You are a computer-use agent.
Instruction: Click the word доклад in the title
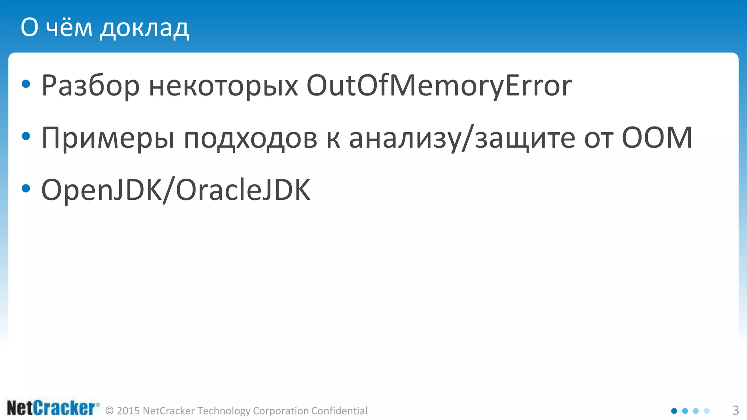144,28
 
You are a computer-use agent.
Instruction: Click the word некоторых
223,86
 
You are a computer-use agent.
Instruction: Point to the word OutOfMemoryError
439,86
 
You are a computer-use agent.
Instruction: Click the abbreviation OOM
657,138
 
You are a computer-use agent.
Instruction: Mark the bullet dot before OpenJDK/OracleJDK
26,188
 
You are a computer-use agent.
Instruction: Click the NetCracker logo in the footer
53,408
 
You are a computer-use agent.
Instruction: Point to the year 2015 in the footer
128,411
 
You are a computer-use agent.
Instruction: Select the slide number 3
736,411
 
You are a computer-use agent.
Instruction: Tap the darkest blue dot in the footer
674,411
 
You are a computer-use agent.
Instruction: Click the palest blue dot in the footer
707,411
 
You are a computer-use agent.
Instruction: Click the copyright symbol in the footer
109,411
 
